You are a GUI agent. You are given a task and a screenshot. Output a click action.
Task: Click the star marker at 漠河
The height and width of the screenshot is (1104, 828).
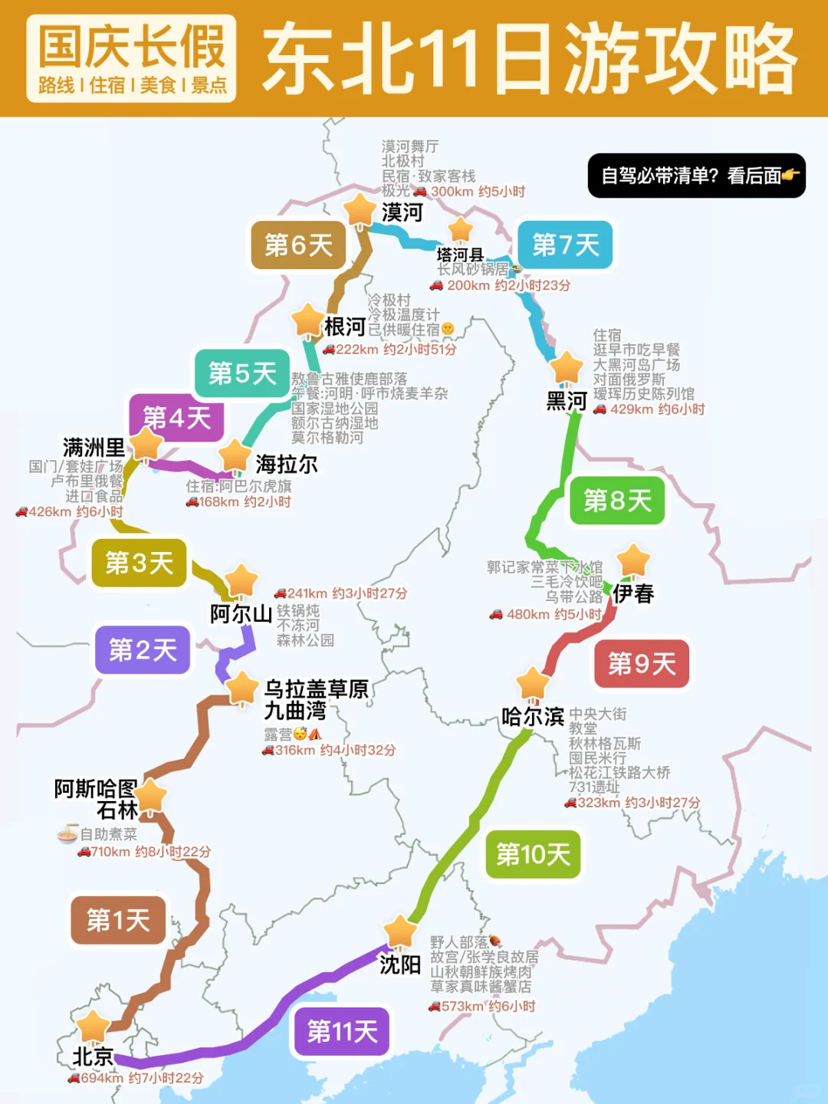(x=359, y=209)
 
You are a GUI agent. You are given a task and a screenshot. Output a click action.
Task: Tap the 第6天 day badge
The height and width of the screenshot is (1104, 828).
(x=298, y=245)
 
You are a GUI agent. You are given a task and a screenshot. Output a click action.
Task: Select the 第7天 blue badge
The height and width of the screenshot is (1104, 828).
(x=566, y=245)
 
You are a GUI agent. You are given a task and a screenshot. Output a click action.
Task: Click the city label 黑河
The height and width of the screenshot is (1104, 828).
(x=567, y=401)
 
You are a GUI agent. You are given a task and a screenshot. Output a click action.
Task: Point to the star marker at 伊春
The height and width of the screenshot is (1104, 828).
(x=633, y=560)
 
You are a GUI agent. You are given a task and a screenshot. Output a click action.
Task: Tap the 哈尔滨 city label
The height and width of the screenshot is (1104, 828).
(x=533, y=717)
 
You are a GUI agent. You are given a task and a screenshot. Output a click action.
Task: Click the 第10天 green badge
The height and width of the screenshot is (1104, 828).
(x=533, y=854)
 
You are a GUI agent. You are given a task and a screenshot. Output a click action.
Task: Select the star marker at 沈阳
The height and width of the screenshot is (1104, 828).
(x=399, y=932)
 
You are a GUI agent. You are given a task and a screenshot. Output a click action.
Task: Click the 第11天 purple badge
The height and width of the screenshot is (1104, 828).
(x=342, y=1032)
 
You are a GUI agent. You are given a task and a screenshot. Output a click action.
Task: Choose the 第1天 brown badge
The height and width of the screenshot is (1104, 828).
(x=118, y=920)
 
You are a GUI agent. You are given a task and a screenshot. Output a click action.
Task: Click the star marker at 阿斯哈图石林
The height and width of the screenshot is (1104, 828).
(x=151, y=796)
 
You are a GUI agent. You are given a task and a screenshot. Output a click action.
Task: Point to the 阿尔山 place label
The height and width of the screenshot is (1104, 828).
(x=241, y=613)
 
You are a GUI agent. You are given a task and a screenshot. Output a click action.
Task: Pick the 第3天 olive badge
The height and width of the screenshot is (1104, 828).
(x=139, y=563)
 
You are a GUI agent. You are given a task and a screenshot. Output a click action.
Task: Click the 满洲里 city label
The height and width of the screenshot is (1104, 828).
(x=94, y=447)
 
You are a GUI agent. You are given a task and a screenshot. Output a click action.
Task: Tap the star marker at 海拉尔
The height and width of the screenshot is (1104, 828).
(x=235, y=457)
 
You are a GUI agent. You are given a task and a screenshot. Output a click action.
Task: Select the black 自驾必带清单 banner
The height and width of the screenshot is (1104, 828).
(x=696, y=176)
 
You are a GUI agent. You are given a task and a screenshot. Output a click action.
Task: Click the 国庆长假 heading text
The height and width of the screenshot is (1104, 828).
(x=132, y=47)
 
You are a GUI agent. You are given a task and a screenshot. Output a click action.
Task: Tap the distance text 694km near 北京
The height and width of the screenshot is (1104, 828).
(x=102, y=1078)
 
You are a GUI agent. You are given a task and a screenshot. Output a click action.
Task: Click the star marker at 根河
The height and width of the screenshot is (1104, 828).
(x=307, y=320)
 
